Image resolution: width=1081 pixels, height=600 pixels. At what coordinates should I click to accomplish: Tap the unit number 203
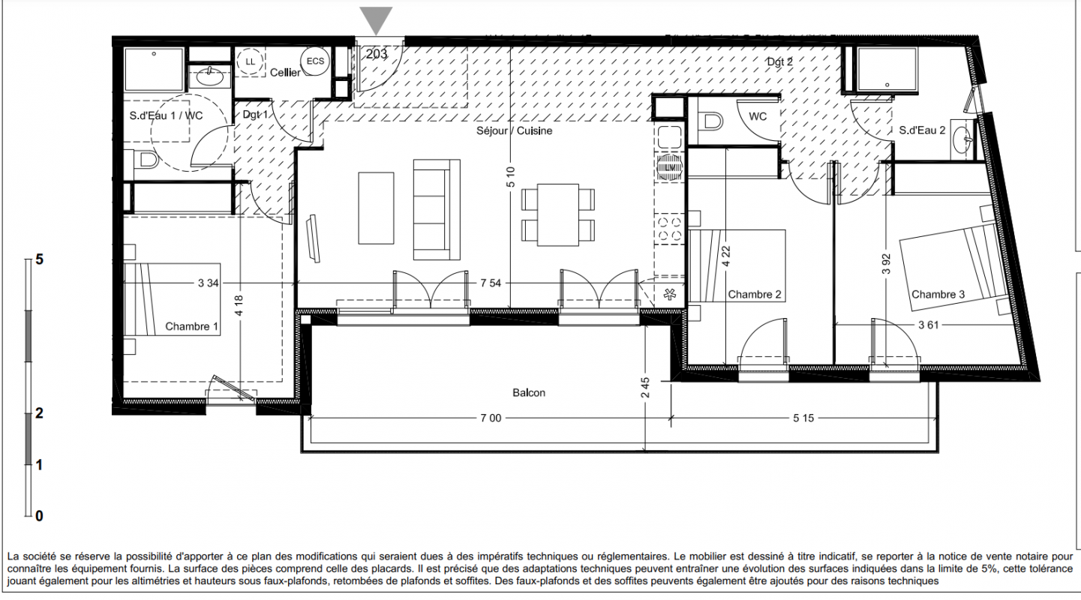pyautogui.click(x=377, y=53)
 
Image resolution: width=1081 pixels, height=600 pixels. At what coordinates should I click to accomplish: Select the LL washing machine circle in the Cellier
pyautogui.click(x=250, y=61)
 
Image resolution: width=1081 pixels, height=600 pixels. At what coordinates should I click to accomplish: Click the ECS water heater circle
pyautogui.click(x=315, y=61)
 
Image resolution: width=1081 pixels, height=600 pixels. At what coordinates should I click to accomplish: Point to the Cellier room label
pyautogui.click(x=285, y=73)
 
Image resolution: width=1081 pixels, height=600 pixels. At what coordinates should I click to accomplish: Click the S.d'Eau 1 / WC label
pyautogui.click(x=166, y=115)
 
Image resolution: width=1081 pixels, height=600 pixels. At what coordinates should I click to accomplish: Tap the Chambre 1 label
pyautogui.click(x=191, y=326)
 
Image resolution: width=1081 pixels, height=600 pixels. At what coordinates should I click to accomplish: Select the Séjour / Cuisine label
pyautogui.click(x=515, y=130)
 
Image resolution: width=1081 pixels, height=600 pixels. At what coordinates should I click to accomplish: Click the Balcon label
pyautogui.click(x=529, y=392)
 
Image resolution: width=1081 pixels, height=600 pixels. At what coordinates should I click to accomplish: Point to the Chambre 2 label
pyautogui.click(x=754, y=294)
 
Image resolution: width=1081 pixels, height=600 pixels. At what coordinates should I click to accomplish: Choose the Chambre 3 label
pyautogui.click(x=938, y=294)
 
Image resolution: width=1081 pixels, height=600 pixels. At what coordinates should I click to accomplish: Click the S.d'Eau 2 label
pyautogui.click(x=922, y=130)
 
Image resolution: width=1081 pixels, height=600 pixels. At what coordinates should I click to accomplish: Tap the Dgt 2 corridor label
pyautogui.click(x=780, y=62)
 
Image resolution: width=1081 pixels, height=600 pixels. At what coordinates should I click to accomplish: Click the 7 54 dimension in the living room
pyautogui.click(x=491, y=283)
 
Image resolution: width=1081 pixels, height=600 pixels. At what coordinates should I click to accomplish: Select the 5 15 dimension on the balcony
pyautogui.click(x=803, y=418)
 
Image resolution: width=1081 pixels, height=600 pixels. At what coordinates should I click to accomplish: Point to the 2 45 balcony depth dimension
pyautogui.click(x=645, y=388)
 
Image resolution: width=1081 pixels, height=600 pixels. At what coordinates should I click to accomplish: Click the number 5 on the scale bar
pyautogui.click(x=39, y=259)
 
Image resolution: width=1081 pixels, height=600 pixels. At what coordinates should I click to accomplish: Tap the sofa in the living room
pyautogui.click(x=437, y=210)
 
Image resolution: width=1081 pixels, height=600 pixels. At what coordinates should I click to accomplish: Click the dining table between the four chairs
pyautogui.click(x=558, y=214)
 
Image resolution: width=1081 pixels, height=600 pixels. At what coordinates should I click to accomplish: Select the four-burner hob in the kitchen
pyautogui.click(x=669, y=229)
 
